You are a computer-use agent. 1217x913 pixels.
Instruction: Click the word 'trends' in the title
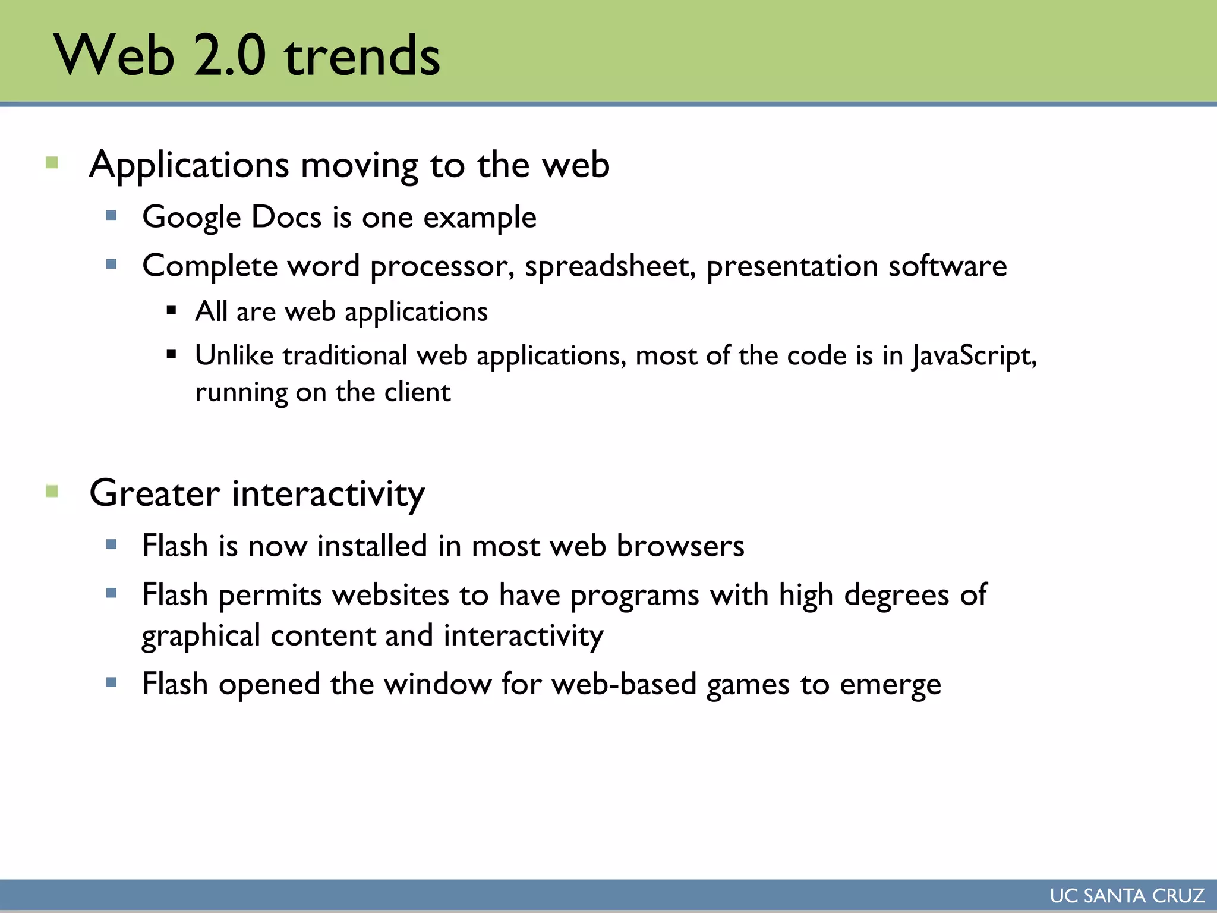point(362,56)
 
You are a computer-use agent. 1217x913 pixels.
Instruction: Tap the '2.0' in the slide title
point(229,56)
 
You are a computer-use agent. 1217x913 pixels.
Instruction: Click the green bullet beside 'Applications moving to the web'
point(52,163)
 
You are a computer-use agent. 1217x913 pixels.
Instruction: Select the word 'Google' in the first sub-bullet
point(191,218)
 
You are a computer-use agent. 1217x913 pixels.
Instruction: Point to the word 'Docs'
point(286,217)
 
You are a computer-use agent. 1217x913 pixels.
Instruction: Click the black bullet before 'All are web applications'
point(172,310)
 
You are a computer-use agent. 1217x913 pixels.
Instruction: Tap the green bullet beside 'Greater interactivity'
point(52,492)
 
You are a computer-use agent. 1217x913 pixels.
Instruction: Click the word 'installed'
point(372,546)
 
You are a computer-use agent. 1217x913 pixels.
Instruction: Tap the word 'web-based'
point(624,684)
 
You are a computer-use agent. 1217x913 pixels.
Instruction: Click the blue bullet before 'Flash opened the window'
point(111,682)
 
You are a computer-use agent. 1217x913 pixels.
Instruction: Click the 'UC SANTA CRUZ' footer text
point(1127,896)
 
